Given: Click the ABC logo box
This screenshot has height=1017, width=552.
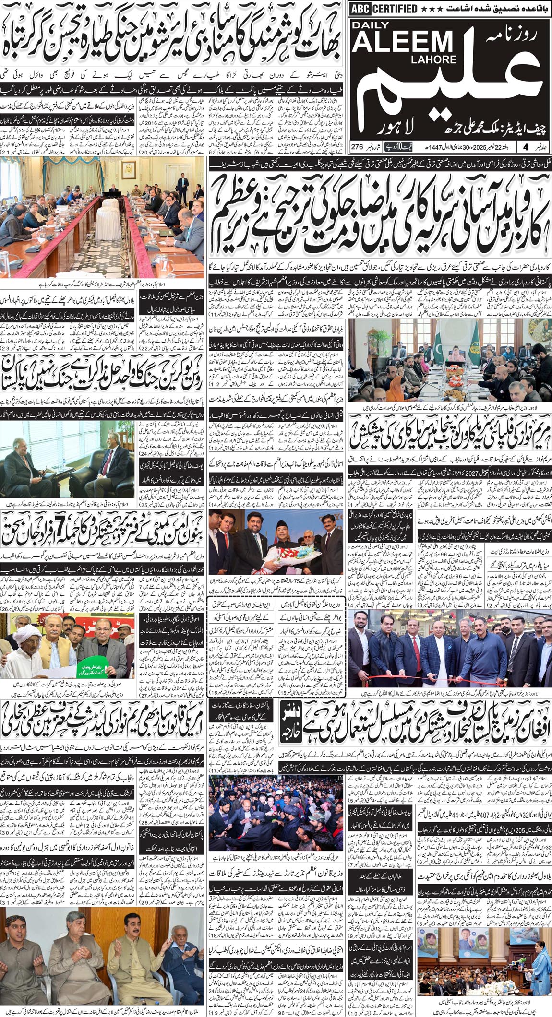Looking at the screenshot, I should pos(362,8).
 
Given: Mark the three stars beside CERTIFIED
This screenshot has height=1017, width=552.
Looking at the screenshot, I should pos(431,9).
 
